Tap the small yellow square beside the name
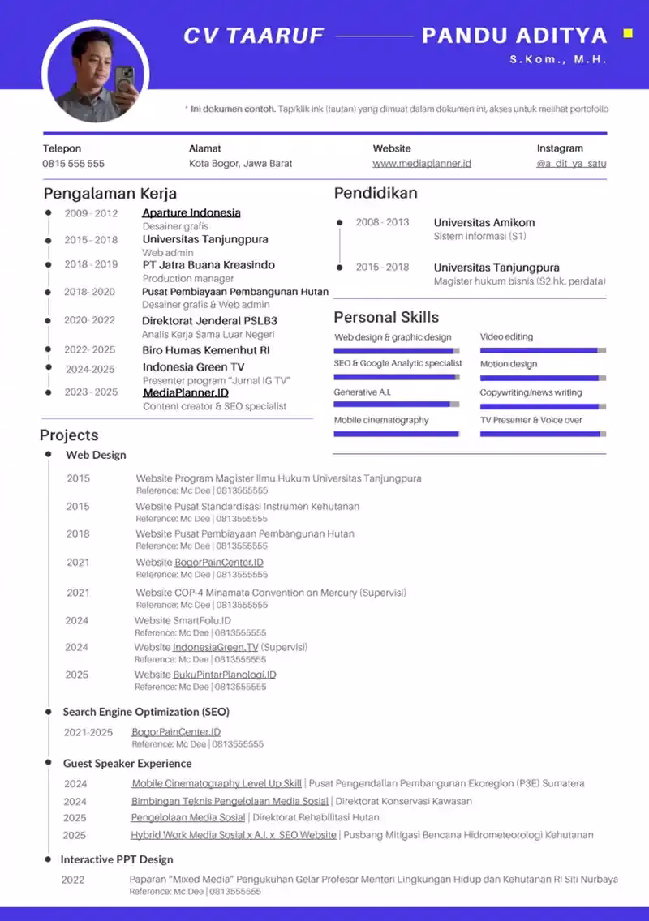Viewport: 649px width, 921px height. (627, 34)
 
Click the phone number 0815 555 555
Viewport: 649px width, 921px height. (74, 163)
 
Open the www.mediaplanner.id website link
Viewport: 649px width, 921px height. (422, 163)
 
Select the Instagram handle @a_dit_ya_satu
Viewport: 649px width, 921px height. (571, 163)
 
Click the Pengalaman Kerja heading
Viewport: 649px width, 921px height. (110, 193)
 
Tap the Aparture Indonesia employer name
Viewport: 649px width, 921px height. (191, 213)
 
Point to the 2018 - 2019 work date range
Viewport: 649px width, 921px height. (91, 264)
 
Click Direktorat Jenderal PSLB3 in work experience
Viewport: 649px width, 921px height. (209, 320)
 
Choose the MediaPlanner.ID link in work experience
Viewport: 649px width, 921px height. (186, 392)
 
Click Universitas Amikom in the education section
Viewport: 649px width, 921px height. (484, 222)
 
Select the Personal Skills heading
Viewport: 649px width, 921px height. (386, 317)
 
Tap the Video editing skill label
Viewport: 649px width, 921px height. (506, 336)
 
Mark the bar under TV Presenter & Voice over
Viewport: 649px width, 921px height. (543, 434)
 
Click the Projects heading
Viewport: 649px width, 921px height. (69, 435)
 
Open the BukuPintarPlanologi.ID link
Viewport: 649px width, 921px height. (224, 675)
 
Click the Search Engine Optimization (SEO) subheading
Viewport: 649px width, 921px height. (146, 712)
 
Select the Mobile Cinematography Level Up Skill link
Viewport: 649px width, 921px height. (217, 783)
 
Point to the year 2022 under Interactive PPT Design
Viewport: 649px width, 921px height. (73, 880)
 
